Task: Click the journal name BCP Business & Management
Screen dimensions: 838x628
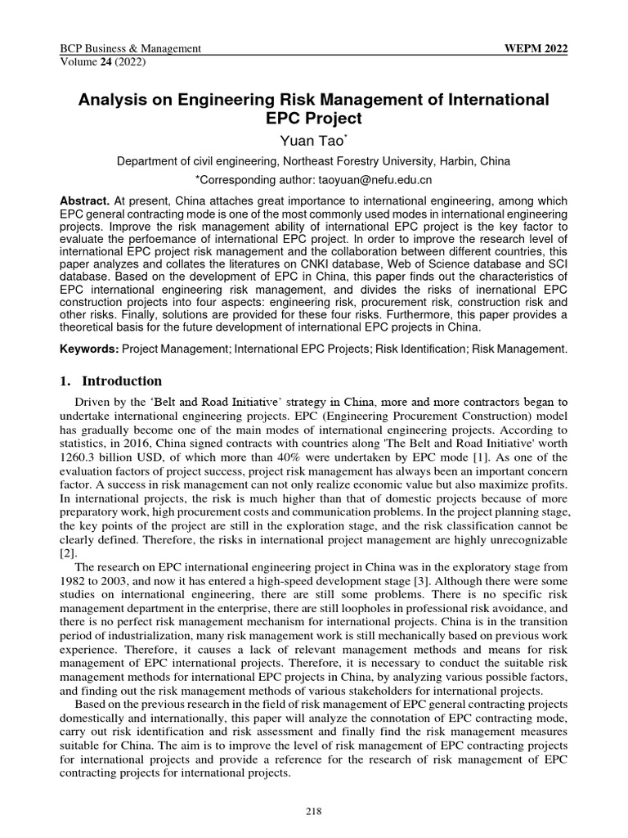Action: point(131,49)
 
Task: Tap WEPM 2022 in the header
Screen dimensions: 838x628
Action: point(537,49)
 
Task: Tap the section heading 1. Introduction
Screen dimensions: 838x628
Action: point(110,381)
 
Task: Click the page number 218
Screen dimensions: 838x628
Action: point(314,811)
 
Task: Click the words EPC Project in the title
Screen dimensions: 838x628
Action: point(313,118)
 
